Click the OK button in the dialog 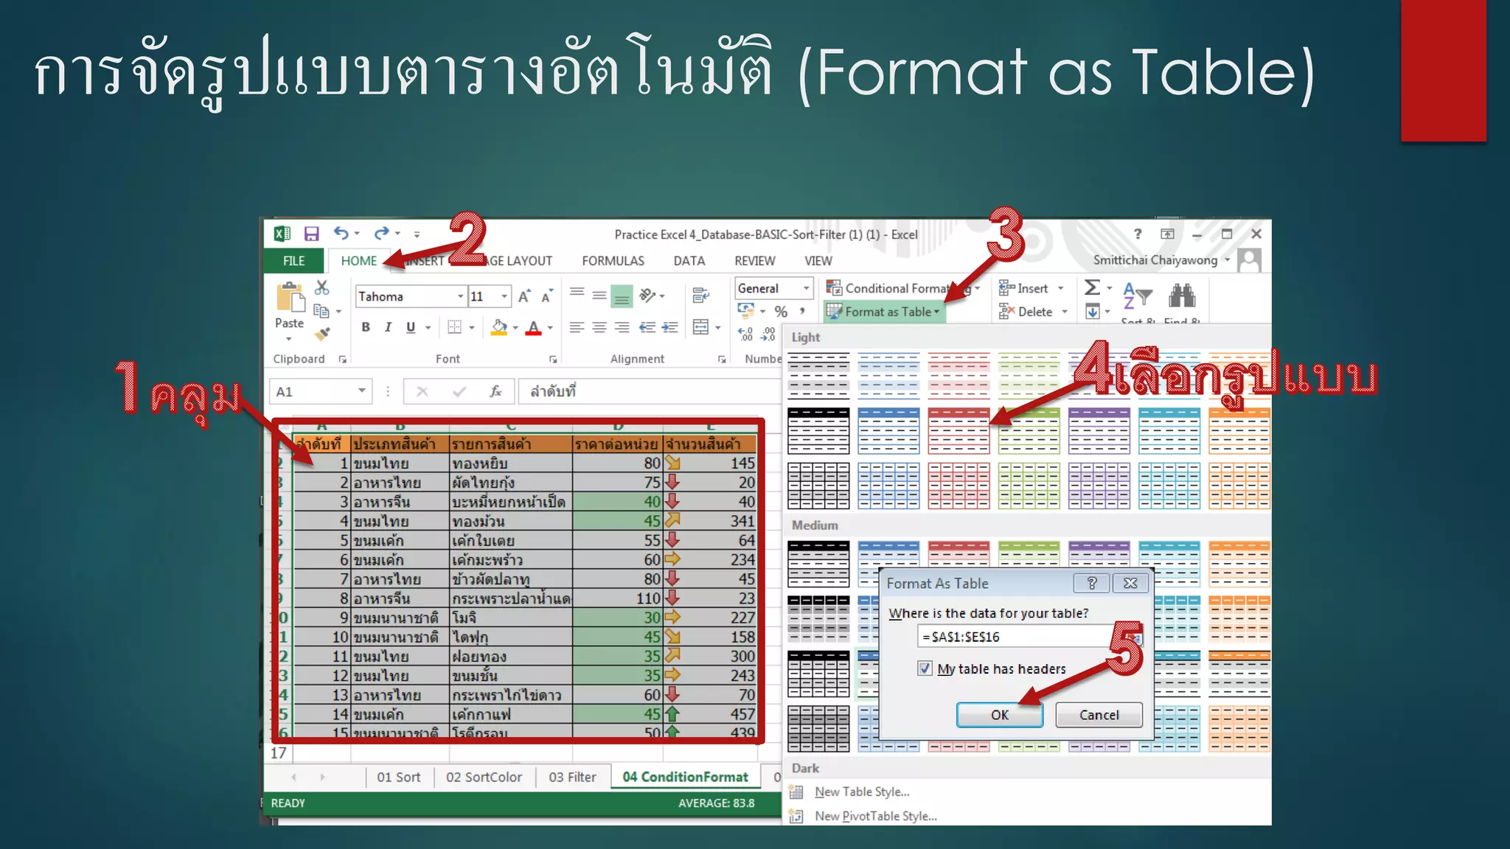[x=999, y=715]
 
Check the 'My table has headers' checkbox [x=925, y=668]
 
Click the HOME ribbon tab [x=358, y=261]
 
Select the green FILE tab [x=293, y=261]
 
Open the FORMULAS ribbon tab [x=613, y=261]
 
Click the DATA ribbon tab [x=689, y=261]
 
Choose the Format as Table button [x=885, y=312]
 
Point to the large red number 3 [x=1006, y=234]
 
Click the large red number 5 [x=1126, y=649]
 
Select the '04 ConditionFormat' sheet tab [x=685, y=777]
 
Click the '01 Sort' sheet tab [x=398, y=777]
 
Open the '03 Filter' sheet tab [x=572, y=777]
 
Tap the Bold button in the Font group [x=366, y=327]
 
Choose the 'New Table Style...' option [x=862, y=792]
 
